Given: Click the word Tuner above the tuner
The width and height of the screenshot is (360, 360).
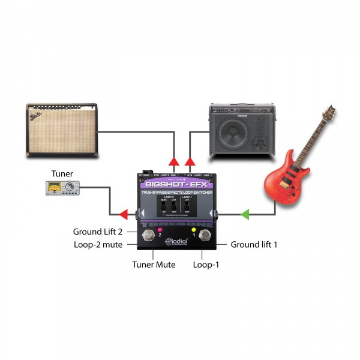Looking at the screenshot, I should (62, 173).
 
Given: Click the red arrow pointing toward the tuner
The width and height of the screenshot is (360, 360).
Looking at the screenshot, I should (124, 213).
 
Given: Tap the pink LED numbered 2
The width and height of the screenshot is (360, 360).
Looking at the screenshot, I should (160, 229).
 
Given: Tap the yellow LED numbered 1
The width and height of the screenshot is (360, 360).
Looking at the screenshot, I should (194, 229).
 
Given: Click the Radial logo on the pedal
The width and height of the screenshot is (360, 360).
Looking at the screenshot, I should (178, 243).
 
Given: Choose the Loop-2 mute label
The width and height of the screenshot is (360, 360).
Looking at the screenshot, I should (98, 245).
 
